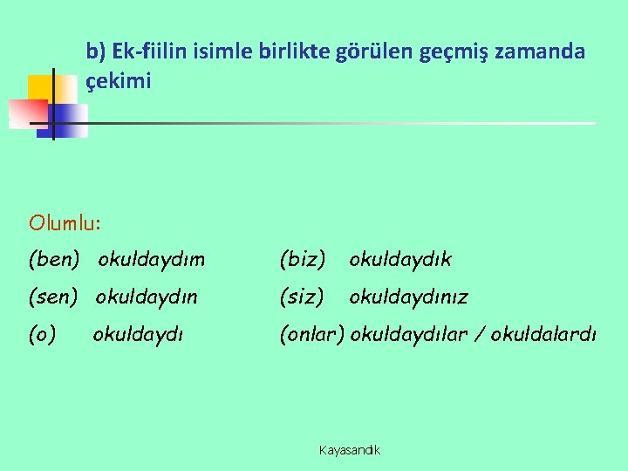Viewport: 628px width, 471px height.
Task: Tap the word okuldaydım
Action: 152,259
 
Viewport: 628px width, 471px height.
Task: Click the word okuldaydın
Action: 147,297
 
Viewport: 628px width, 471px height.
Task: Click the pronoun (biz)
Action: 302,259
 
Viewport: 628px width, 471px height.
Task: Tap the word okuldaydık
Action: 400,259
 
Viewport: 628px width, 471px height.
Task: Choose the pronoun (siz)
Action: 302,297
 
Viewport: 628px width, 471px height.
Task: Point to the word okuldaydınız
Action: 408,297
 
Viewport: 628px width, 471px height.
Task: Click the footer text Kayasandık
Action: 350,450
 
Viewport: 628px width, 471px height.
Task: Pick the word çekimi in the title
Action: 119,82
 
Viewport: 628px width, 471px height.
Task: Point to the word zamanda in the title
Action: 548,52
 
